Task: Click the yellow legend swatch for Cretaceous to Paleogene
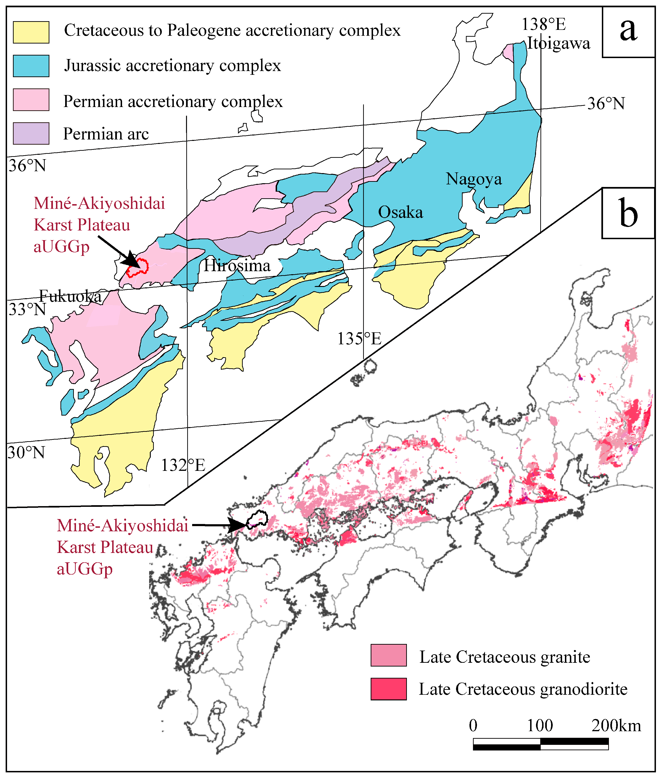pos(31,32)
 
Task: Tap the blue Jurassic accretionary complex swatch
pos(31,66)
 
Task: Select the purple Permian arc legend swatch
pos(31,133)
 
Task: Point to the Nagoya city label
pos(473,179)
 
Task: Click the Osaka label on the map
pos(400,213)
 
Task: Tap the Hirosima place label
pos(237,266)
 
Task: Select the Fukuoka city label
pos(70,296)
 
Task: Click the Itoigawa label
pos(558,44)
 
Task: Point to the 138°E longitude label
pos(543,24)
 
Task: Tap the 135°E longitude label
pos(359,339)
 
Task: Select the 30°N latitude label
pos(26,453)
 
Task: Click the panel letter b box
pos(628,214)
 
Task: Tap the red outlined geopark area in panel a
pos(137,268)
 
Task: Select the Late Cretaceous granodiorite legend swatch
pos(388,689)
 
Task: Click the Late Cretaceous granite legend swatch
pos(388,655)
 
